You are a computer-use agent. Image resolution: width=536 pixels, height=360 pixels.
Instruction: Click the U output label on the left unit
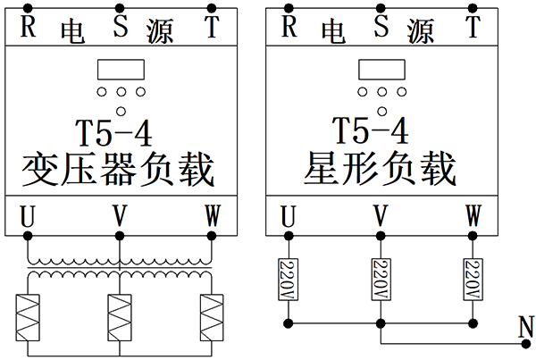(28, 216)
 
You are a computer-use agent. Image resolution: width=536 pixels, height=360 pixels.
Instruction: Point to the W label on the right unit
(473, 216)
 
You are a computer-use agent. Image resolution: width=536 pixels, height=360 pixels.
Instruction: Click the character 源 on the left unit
(162, 32)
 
